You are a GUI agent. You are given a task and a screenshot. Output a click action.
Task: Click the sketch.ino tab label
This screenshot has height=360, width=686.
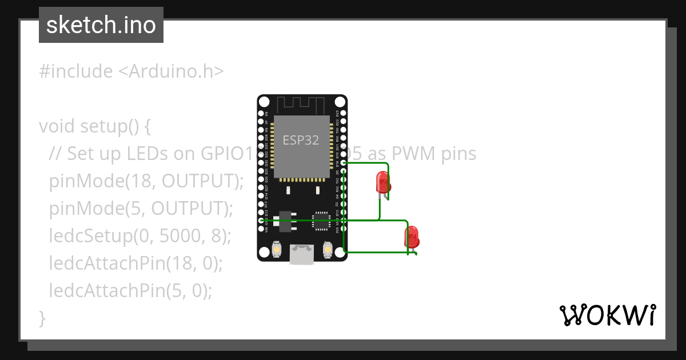tap(101, 25)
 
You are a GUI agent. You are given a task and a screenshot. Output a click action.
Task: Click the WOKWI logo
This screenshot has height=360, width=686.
tap(607, 315)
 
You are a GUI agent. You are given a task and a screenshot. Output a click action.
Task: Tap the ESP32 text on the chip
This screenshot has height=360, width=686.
tap(301, 140)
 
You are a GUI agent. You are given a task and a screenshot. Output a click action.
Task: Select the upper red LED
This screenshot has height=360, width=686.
tap(382, 182)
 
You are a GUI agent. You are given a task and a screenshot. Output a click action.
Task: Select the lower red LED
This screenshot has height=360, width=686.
tap(411, 236)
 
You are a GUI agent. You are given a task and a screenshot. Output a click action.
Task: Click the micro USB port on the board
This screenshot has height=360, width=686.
tap(302, 254)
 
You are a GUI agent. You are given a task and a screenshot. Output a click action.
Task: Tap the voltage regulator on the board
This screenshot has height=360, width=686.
tap(284, 220)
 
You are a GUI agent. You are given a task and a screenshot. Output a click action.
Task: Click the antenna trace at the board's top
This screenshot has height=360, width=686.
tap(302, 105)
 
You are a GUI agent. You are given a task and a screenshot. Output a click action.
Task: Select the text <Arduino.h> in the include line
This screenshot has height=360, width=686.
tap(171, 71)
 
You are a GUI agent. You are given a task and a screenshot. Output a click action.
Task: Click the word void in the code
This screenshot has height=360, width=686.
tap(57, 126)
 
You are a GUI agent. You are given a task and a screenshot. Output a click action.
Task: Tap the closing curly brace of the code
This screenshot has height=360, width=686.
tap(42, 318)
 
